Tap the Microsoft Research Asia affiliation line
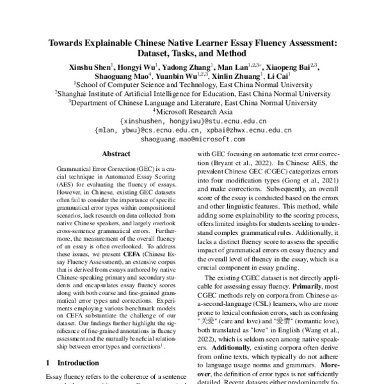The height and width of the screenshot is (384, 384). [x=193, y=111]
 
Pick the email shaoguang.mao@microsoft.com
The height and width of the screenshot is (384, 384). [x=193, y=138]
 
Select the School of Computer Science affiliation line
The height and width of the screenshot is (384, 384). [x=193, y=84]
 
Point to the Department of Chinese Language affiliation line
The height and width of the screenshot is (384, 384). [x=193, y=102]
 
